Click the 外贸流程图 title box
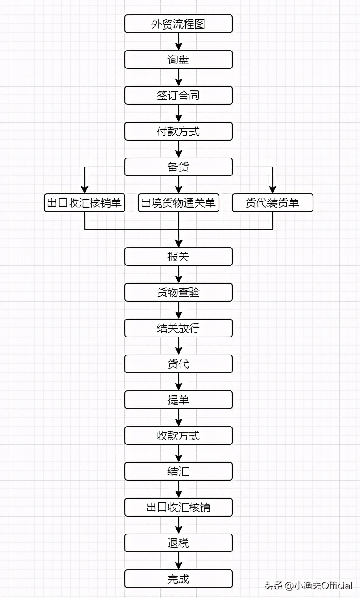(178, 24)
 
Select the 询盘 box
(178, 60)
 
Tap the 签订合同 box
(178, 95)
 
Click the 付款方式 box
(178, 131)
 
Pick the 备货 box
(178, 167)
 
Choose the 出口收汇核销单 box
(84, 203)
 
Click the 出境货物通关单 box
(178, 203)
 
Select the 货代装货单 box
(272, 203)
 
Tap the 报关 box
(178, 256)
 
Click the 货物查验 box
(178, 292)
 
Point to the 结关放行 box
(178, 328)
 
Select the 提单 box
(178, 400)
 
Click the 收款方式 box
(178, 436)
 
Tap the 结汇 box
(178, 471)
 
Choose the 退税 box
(178, 543)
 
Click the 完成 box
(178, 579)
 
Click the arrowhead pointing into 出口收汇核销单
(84, 190)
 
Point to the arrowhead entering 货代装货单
(272, 190)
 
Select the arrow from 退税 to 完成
(179, 561)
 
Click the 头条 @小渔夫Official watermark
(309, 585)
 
